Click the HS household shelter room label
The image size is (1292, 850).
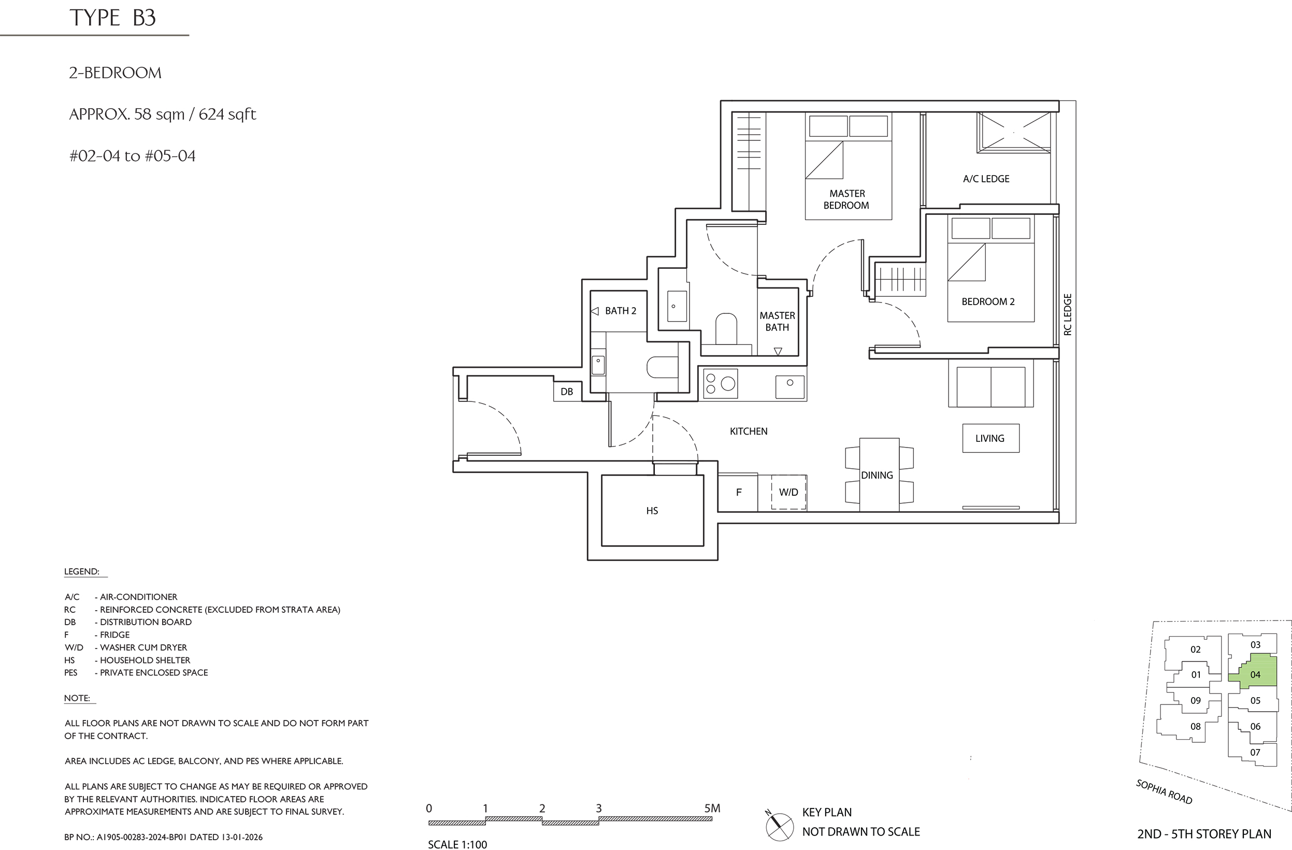[x=652, y=511]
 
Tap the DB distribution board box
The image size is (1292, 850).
[x=567, y=392]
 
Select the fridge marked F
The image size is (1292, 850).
[x=738, y=492]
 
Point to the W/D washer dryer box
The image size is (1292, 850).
[x=788, y=492]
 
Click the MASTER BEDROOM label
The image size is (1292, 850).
[x=847, y=199]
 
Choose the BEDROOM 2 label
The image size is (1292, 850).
[x=988, y=302]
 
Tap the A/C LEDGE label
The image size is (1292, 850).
[x=986, y=179]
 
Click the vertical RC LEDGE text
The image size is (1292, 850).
[x=1067, y=314]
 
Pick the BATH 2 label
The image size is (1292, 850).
[x=621, y=310]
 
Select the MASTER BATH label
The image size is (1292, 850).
[x=778, y=321]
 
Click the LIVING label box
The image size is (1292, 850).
[x=990, y=438]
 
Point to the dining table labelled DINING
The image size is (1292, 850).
[x=879, y=474]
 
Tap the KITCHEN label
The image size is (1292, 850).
[x=749, y=431]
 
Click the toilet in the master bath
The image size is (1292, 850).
[x=726, y=328]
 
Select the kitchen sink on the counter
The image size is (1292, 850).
[x=790, y=386]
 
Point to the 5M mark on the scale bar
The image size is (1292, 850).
[x=712, y=808]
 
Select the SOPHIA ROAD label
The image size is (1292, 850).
[x=1164, y=792]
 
